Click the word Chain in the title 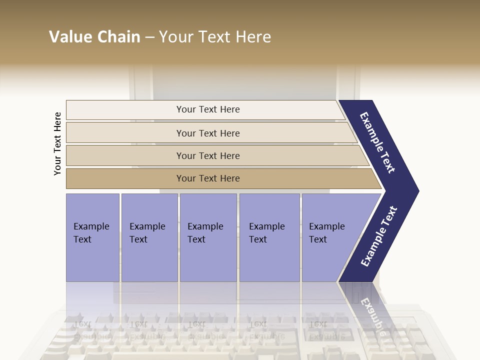click(x=118, y=37)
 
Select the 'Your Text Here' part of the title click(x=215, y=37)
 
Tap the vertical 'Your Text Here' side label click(x=57, y=144)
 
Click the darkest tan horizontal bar click(x=125, y=178)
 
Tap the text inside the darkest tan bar click(x=208, y=178)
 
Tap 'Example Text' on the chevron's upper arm click(x=377, y=142)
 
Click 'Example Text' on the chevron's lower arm click(x=378, y=236)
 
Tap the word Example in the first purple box click(x=91, y=226)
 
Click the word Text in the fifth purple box click(x=318, y=239)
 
